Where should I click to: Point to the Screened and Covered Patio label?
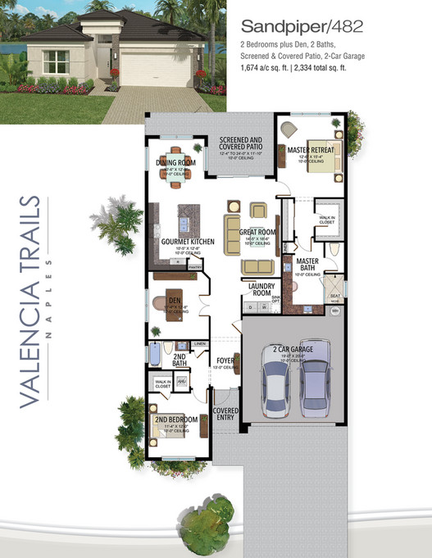tap(240, 143)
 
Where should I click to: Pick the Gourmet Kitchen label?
tap(188, 242)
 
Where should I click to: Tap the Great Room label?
tap(256, 234)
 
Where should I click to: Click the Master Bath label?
tap(307, 264)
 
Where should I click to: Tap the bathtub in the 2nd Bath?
tap(157, 354)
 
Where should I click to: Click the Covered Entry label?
tap(225, 414)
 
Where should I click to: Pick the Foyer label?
tap(225, 361)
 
